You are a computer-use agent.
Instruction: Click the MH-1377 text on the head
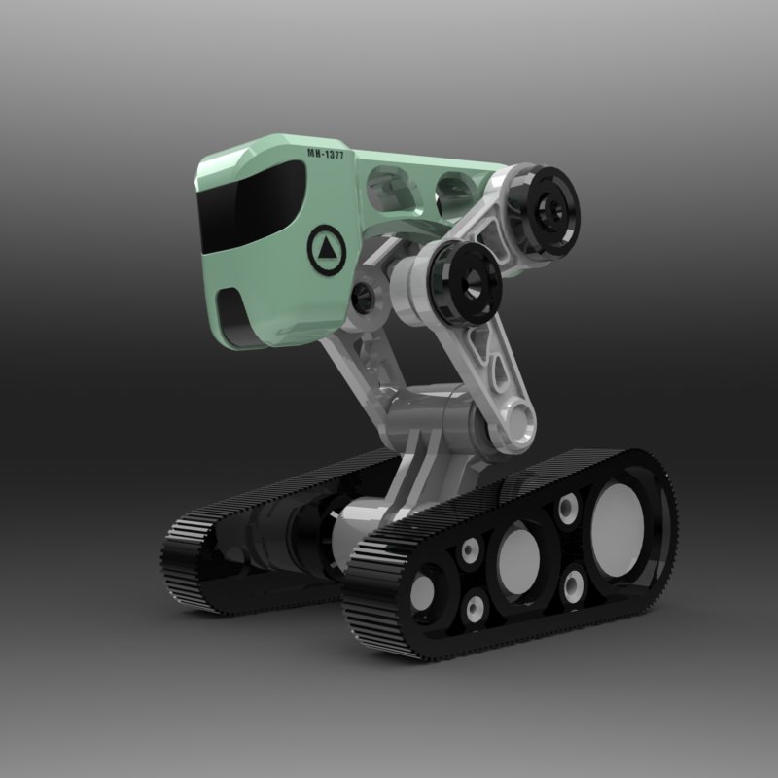[x=324, y=154]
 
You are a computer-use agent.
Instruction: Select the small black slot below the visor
[x=231, y=310]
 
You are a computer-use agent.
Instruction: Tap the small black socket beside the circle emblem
[x=366, y=298]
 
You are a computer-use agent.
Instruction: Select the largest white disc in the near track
[x=617, y=518]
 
